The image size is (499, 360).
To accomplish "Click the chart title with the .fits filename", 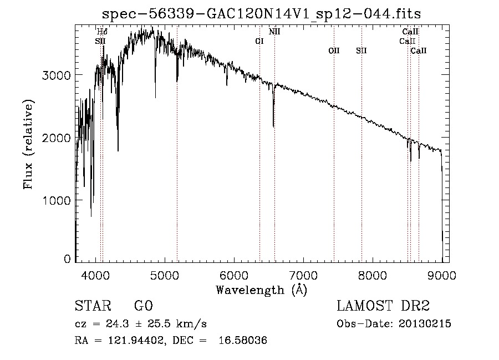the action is click(261, 14).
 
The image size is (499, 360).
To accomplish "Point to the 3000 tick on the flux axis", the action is click(56, 75).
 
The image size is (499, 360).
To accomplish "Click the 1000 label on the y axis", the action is click(56, 201).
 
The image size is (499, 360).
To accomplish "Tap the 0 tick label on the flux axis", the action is click(67, 259).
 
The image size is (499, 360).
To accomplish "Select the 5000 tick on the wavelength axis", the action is click(165, 275).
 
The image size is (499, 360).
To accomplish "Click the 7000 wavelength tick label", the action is click(303, 275).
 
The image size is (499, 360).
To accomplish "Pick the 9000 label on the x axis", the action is click(442, 275).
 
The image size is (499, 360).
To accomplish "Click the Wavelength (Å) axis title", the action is click(262, 290).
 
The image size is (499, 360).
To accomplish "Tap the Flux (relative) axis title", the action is click(28, 145).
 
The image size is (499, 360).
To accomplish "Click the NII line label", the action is click(274, 32).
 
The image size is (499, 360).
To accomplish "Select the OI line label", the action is click(259, 41).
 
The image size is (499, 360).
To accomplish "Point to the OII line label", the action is click(334, 50).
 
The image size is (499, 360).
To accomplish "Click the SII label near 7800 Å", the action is click(361, 50).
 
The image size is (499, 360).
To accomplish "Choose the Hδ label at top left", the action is click(102, 32).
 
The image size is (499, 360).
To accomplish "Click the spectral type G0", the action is click(144, 306).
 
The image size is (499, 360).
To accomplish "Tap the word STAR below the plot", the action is click(93, 306).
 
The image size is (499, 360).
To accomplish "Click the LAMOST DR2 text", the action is click(383, 306).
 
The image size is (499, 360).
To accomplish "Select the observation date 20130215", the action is click(425, 324).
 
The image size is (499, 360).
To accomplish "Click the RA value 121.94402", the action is click(137, 341).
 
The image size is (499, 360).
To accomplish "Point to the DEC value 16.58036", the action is click(243, 341).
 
